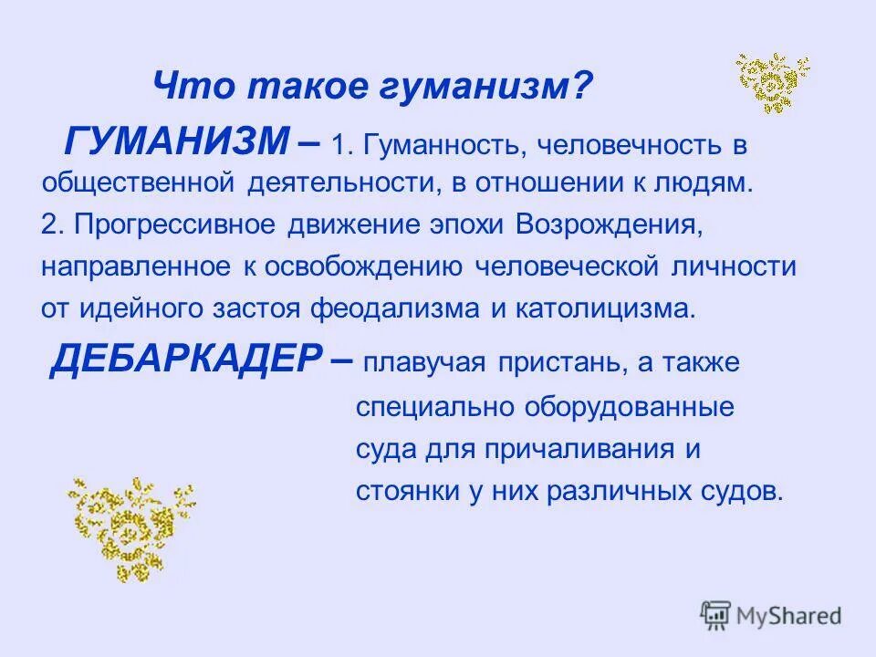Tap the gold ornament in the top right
coord(773,82)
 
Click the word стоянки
coord(398,491)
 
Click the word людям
coord(704,182)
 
